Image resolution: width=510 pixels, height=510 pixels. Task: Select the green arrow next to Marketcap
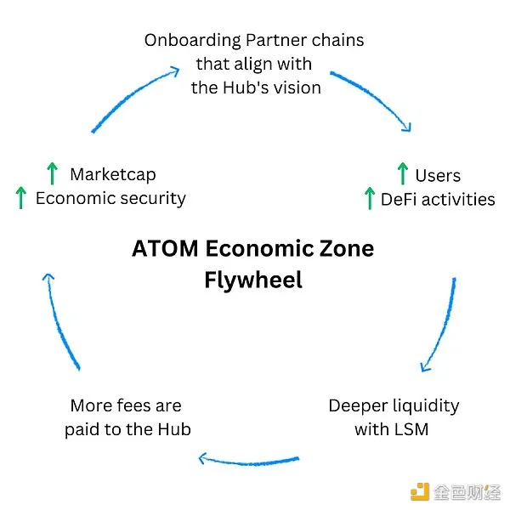point(52,174)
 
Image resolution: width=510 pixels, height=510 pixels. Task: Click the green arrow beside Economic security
point(20,198)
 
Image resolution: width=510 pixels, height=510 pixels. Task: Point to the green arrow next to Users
point(402,174)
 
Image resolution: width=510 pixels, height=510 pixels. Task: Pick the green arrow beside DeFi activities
point(369,198)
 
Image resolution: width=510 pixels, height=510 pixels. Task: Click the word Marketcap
point(113,175)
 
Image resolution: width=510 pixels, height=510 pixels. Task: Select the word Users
point(438,176)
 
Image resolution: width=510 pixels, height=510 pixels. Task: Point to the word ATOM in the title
point(164,249)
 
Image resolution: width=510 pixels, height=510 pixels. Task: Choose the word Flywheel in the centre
point(253,280)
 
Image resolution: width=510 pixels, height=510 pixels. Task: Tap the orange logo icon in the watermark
point(420,490)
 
